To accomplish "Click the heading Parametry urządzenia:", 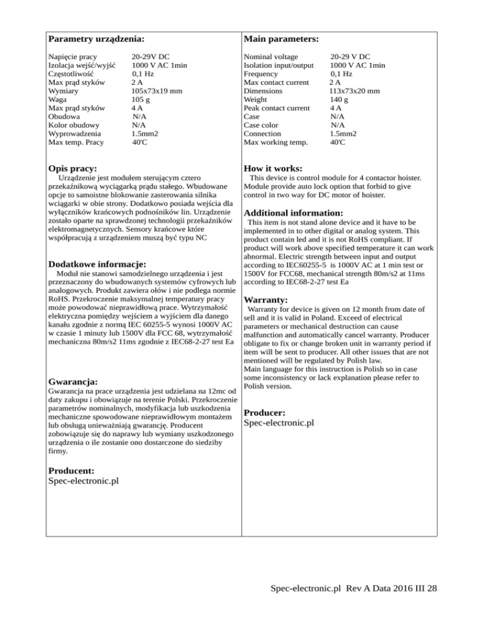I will tap(96, 39).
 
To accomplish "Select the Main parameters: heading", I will tap(280, 39).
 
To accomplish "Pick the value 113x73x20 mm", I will tap(354, 91).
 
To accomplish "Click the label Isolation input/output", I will tap(278, 65).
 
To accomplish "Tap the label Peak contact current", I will tap(276, 108).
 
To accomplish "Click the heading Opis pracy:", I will tap(72, 169).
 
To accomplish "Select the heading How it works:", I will tap(273, 169).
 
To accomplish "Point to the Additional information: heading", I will tap(292, 213).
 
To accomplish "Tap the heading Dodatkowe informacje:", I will tap(97, 265).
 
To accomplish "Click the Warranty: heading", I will tap(266, 301).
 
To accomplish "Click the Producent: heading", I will tap(71, 470).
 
